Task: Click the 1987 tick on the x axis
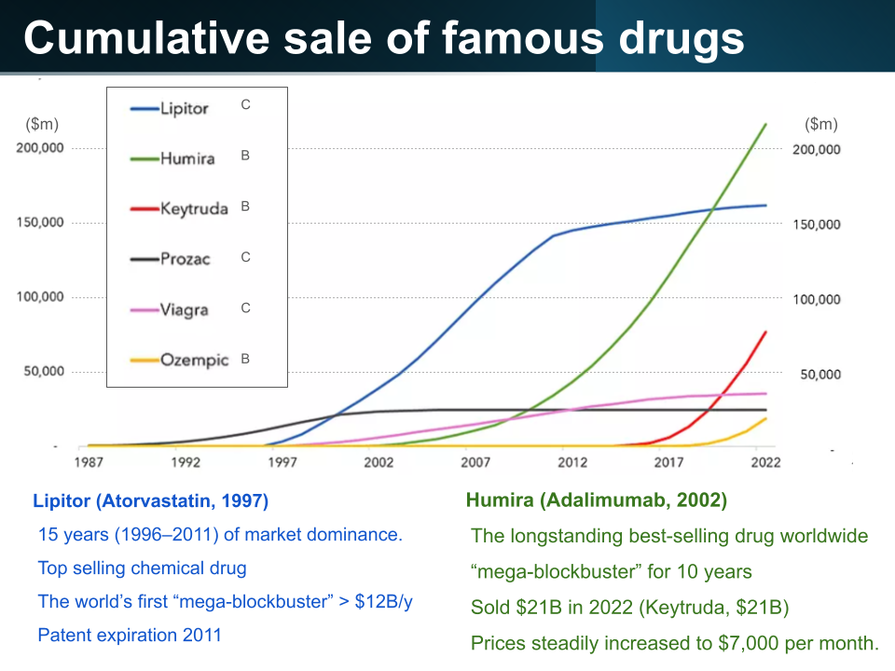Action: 89,462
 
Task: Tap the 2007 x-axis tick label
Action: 475,462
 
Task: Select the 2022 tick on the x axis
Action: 765,462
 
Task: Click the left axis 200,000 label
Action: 39,148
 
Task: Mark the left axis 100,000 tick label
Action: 39,296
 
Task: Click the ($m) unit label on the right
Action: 820,125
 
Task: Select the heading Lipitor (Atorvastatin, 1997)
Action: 151,501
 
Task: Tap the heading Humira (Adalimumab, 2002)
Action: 597,500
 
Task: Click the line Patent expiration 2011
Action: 130,636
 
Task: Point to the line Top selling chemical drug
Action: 142,568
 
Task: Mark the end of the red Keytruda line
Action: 766,331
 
